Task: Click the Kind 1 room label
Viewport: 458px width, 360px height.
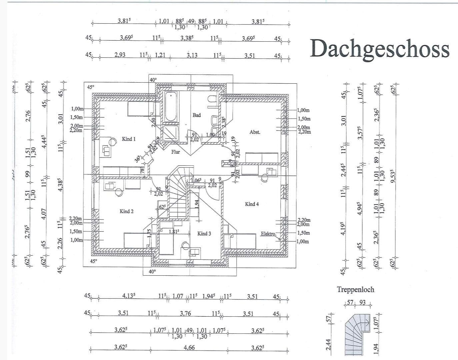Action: tap(129, 139)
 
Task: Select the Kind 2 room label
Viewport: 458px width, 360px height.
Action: tap(127, 211)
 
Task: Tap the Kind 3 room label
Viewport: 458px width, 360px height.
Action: tap(204, 234)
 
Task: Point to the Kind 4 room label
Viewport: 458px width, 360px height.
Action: tap(252, 204)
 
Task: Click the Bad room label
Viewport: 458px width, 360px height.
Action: tap(197, 115)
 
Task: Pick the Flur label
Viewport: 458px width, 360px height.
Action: tap(176, 152)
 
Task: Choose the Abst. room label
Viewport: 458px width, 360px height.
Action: tap(255, 132)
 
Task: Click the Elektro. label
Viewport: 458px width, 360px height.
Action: tap(268, 234)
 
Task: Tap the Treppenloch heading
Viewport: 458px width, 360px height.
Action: tap(355, 289)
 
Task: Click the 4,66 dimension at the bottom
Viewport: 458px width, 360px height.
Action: tap(189, 348)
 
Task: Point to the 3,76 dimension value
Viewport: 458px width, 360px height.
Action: tap(185, 313)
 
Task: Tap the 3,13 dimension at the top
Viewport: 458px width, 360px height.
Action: tap(192, 55)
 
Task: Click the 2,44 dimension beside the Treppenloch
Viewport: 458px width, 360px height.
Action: tap(328, 344)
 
